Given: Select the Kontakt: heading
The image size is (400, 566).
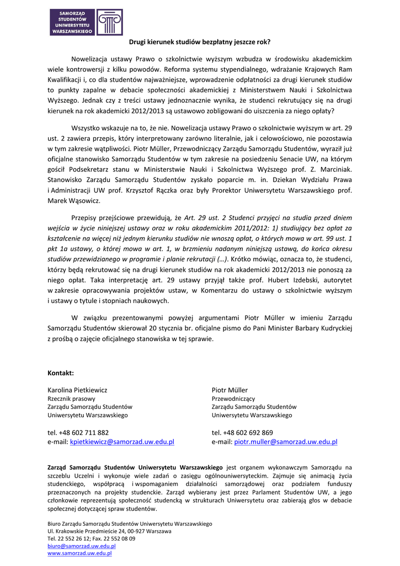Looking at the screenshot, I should pyautogui.click(x=61, y=373).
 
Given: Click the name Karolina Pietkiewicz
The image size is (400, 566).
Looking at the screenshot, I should pyautogui.click(x=77, y=390).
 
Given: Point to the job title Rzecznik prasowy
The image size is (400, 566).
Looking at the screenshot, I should pyautogui.click(x=71, y=399).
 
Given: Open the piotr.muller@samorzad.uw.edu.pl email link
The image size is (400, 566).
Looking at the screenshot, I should pyautogui.click(x=286, y=442).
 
